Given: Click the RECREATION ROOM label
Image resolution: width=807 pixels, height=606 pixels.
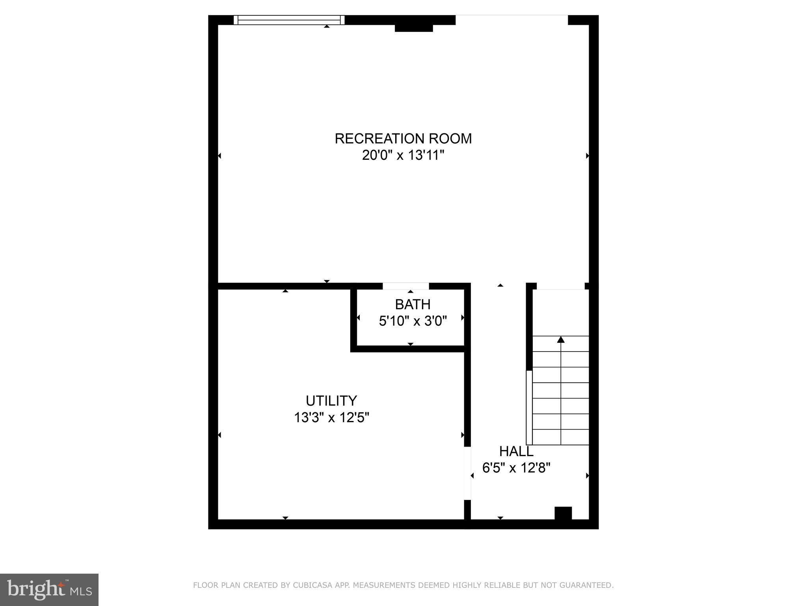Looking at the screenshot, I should (403, 138).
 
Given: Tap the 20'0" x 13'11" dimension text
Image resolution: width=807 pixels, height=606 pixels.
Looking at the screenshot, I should (403, 155).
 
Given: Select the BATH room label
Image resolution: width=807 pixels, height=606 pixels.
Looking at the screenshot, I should (413, 304).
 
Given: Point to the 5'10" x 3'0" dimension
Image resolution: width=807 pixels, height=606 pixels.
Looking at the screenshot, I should (413, 321).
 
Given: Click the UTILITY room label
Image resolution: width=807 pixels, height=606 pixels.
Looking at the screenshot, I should (331, 400).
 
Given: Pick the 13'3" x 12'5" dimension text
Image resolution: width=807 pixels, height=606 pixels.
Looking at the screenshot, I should (331, 417).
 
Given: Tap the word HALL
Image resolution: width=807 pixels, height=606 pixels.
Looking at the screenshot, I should (516, 451).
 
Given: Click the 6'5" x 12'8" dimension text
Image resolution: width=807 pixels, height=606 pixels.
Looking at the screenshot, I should (516, 468).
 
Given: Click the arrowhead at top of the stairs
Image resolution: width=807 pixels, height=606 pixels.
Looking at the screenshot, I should (561, 339).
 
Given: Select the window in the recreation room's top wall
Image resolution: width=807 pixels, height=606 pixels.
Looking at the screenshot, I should (289, 20).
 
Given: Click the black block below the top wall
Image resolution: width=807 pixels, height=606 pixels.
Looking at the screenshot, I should (414, 28).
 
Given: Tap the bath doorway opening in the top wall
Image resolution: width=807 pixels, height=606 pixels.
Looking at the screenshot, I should (406, 286).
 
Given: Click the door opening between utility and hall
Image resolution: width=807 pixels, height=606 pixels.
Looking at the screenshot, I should (467, 473).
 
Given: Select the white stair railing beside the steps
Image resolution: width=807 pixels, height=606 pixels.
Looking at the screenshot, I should (529, 408).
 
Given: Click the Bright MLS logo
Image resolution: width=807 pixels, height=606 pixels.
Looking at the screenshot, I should (49, 590).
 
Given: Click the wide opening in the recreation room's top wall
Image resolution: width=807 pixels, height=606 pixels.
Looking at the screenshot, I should (511, 20).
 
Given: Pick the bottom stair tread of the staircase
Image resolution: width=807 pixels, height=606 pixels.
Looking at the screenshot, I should (561, 437).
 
